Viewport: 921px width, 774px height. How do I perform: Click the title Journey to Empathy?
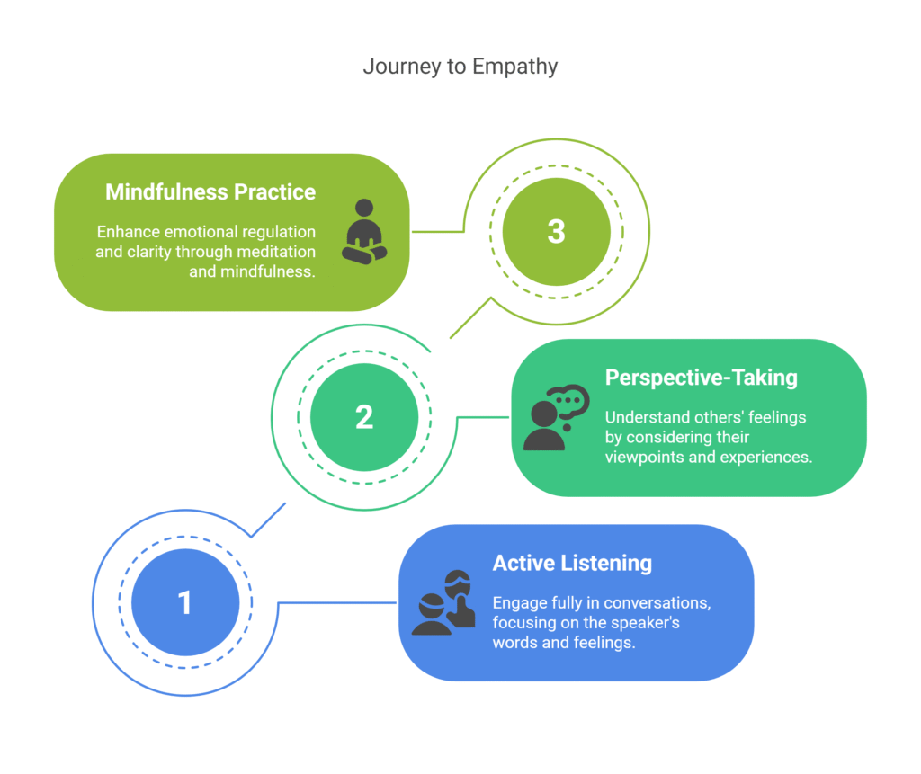[x=460, y=67]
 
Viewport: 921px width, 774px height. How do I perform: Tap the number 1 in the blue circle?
[x=185, y=602]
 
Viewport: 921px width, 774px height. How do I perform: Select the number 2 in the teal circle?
[x=364, y=417]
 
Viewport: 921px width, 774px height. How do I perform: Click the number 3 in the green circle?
[x=556, y=231]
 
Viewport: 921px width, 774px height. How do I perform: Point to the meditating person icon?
[x=364, y=231]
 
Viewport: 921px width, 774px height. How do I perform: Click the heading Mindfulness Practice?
[x=210, y=192]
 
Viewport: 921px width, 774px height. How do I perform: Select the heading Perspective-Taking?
[x=701, y=378]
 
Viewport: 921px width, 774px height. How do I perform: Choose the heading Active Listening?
[x=572, y=564]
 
